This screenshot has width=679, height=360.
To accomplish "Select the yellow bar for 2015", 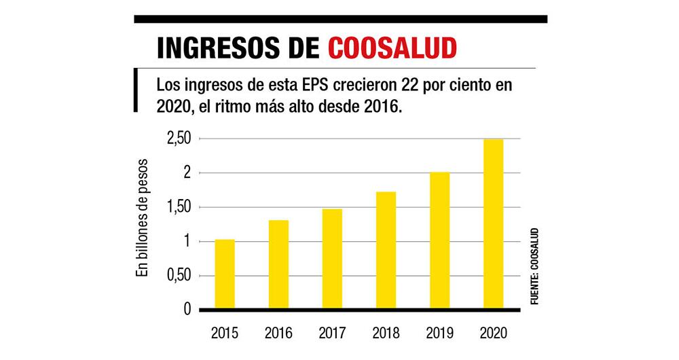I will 225,274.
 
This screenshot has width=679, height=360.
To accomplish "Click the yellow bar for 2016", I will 278,265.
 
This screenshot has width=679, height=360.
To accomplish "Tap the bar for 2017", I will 332,259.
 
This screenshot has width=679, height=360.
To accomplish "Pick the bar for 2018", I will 386,251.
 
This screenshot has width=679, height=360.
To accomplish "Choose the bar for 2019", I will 439,241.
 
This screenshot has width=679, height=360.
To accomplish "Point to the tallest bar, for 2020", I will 493,224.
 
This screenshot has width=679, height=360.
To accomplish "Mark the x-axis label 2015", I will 225,334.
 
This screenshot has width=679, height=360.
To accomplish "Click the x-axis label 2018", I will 386,334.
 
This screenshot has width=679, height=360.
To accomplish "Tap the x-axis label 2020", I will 493,334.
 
